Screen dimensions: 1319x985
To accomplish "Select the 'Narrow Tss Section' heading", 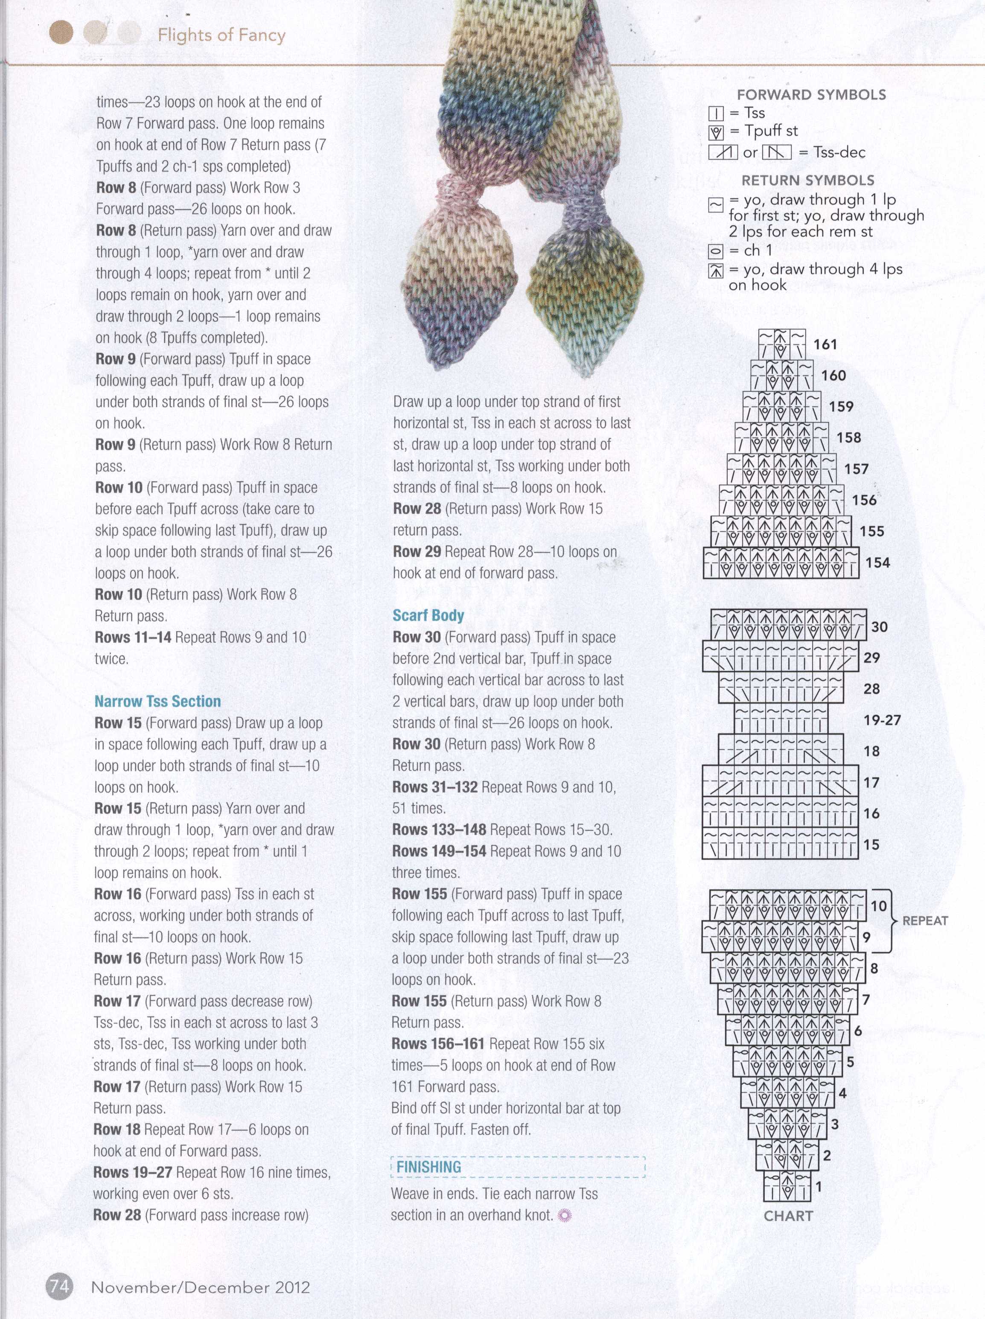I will click(x=157, y=701).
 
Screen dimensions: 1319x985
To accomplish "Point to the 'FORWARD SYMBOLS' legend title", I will click(x=811, y=94).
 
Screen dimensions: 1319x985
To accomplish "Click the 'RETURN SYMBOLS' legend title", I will click(x=807, y=180).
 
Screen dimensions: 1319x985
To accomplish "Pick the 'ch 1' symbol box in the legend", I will click(x=716, y=251).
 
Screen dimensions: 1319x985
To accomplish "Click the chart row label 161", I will click(x=825, y=344).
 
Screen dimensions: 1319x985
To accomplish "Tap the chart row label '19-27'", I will click(x=882, y=720).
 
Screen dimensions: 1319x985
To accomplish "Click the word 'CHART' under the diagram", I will click(x=788, y=1216).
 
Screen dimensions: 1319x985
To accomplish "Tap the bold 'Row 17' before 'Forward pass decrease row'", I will click(x=117, y=1002).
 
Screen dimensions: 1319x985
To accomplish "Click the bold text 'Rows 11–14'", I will click(x=132, y=637).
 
